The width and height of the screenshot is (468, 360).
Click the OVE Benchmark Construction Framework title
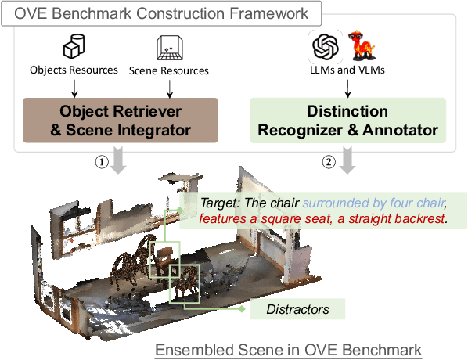click(x=161, y=13)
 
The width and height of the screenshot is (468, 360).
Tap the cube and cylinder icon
click(x=74, y=46)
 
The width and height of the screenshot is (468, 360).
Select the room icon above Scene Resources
click(x=170, y=48)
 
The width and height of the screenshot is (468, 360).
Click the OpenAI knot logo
click(x=326, y=47)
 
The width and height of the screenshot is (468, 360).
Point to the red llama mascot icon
click(x=362, y=45)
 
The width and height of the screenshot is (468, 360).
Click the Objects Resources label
click(x=74, y=70)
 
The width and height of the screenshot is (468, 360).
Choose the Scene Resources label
click(x=168, y=70)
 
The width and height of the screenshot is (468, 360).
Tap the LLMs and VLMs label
click(x=347, y=70)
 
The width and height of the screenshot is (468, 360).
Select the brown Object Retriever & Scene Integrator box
click(x=121, y=121)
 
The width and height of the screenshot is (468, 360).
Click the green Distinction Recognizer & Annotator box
click(x=347, y=121)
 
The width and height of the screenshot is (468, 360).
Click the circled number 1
click(x=102, y=162)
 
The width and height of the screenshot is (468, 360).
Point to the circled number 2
click(x=329, y=162)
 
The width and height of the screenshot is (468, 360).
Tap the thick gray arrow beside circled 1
click(x=118, y=160)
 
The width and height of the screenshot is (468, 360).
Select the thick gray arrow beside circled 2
click(x=347, y=160)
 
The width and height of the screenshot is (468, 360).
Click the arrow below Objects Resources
click(x=74, y=88)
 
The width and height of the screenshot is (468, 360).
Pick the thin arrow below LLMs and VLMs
click(x=347, y=88)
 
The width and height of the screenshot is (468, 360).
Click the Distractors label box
click(x=297, y=309)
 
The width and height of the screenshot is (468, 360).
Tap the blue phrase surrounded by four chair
click(x=374, y=203)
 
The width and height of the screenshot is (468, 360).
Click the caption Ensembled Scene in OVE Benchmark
click(x=288, y=350)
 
